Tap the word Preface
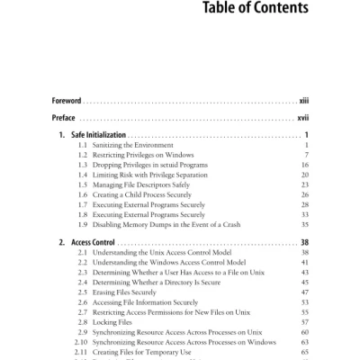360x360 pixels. tap(63, 117)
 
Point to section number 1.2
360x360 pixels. tap(84, 156)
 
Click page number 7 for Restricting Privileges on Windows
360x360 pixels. tap(307, 156)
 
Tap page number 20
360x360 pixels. tap(305, 175)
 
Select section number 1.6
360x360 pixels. tap(84, 195)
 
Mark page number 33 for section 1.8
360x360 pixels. tap(305, 215)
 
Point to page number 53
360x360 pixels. tap(305, 302)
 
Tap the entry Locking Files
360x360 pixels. tap(114, 322)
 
